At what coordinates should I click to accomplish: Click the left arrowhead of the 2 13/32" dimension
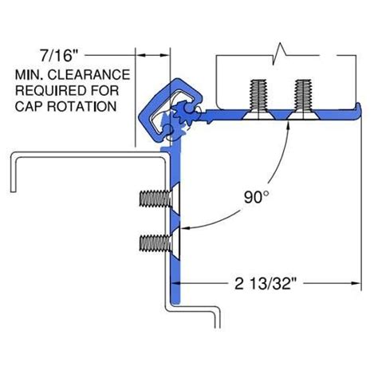185,282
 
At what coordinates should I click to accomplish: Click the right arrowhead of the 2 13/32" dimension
353,282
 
